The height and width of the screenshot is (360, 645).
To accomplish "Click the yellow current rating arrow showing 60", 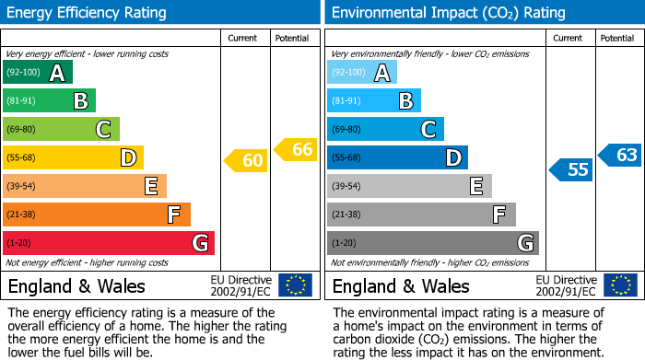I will pyautogui.click(x=246, y=161).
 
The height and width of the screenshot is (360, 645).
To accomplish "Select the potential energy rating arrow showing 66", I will pyautogui.click(x=296, y=149).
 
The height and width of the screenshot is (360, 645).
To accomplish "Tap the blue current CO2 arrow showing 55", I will pyautogui.click(x=571, y=169).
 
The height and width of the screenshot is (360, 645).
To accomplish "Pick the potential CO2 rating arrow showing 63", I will pyautogui.click(x=620, y=155).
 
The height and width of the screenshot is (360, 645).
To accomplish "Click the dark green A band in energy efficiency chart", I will pyautogui.click(x=37, y=73).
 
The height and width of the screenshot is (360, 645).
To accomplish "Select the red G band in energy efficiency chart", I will pyautogui.click(x=108, y=243).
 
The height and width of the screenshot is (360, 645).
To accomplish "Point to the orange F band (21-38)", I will pyautogui.click(x=96, y=215).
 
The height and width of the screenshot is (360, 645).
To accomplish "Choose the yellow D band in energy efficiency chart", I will pyautogui.click(x=73, y=158).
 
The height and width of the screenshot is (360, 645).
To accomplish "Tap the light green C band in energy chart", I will pyautogui.click(x=61, y=130).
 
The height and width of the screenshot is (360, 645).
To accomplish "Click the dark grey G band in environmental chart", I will pyautogui.click(x=432, y=243).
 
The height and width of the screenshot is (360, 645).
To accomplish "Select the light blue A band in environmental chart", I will pyautogui.click(x=361, y=73).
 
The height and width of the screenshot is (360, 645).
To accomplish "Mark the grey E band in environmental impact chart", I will pyautogui.click(x=408, y=186).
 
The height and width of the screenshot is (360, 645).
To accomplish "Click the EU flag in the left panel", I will pyautogui.click(x=295, y=285).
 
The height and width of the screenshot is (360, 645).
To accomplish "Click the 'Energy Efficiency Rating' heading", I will pyautogui.click(x=88, y=13).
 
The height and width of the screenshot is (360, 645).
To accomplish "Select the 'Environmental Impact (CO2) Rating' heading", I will pyautogui.click(x=448, y=13).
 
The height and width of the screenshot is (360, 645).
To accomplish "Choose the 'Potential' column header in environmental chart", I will pyautogui.click(x=616, y=38).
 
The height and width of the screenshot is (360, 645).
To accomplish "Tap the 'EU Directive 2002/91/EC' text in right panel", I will pyautogui.click(x=566, y=285).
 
